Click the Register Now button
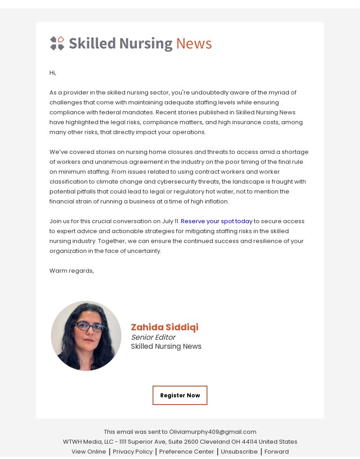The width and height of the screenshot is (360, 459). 180,395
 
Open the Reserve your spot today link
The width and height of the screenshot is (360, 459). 216,221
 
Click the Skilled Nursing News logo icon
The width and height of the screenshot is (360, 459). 57,43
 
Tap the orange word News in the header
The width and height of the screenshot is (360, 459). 193,44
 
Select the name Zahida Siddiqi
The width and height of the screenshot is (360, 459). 164,327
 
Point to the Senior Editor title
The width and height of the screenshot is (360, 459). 153,337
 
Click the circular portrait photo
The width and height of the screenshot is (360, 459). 86,336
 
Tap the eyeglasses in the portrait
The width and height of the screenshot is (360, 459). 90,327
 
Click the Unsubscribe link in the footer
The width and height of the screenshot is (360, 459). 239,451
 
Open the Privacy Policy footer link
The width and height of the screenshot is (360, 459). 133,451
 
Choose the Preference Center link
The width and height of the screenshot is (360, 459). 186,451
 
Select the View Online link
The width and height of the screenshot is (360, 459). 89,451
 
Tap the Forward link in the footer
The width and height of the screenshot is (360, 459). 276,451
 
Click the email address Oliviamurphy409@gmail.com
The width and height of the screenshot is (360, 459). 212,432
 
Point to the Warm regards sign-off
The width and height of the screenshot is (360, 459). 72,270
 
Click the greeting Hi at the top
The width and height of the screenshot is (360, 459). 53,72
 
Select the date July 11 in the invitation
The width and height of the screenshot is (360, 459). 170,221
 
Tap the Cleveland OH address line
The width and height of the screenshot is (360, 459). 180,441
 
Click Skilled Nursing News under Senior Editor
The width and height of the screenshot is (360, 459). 166,346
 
